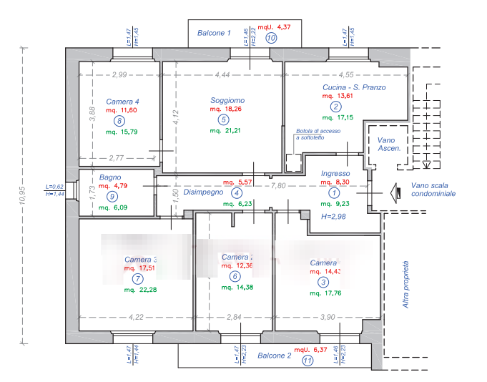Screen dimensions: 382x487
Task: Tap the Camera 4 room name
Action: [x=122, y=101]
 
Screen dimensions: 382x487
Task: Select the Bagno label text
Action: [x=110, y=177]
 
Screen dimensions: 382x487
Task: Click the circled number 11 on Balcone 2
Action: [x=308, y=361]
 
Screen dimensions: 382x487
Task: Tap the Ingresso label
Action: [x=335, y=174]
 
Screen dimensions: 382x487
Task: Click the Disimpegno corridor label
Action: [x=203, y=192]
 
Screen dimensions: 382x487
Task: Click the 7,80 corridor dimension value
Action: [x=276, y=185]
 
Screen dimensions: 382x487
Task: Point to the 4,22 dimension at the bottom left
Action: [x=137, y=317]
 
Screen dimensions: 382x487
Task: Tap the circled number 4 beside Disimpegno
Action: [x=237, y=192]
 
